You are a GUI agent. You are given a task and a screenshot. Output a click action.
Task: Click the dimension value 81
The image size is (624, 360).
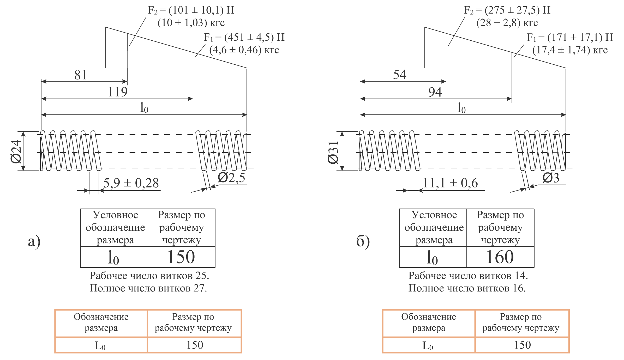(81, 75)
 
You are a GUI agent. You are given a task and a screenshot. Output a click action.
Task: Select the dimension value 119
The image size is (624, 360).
(118, 92)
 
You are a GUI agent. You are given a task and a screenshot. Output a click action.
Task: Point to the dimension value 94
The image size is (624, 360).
(435, 92)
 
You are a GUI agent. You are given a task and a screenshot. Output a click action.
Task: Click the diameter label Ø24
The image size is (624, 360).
(16, 151)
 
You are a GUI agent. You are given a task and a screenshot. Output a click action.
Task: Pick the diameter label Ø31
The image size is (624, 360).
(333, 152)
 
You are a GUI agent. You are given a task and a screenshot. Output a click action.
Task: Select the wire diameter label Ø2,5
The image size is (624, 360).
(231, 178)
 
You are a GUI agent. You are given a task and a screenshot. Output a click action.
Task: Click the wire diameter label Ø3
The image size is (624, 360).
(551, 178)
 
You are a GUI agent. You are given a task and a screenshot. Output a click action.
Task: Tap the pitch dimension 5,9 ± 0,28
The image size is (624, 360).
(131, 183)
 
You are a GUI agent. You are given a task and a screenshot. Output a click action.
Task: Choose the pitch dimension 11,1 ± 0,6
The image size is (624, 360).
(450, 183)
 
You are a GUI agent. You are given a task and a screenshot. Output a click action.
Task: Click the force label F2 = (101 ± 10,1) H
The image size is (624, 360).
(191, 10)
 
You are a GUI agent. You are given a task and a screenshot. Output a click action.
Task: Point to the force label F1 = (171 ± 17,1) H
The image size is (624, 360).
(570, 38)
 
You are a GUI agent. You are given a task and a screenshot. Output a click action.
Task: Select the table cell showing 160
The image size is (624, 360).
(500, 257)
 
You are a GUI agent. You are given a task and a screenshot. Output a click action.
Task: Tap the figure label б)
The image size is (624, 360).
(363, 241)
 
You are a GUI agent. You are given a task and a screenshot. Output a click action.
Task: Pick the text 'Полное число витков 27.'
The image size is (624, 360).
(148, 288)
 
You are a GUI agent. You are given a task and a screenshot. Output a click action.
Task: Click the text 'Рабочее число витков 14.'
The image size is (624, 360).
(468, 276)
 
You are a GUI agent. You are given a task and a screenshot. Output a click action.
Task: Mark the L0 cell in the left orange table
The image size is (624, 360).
(101, 345)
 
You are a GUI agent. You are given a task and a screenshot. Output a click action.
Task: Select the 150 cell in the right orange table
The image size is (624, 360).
(522, 345)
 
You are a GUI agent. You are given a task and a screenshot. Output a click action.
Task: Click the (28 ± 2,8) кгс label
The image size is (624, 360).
(507, 23)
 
